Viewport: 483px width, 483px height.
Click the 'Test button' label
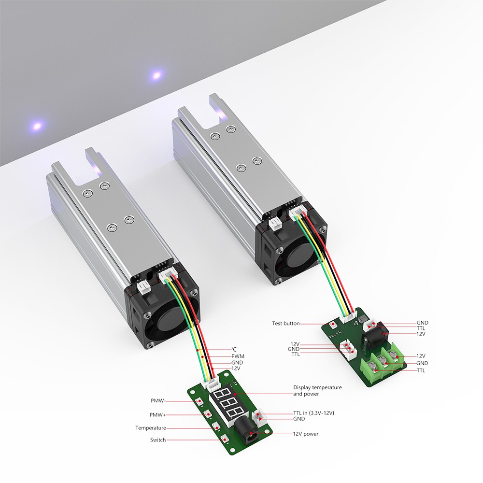point(285,324)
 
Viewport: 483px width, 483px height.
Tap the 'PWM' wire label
point(238,356)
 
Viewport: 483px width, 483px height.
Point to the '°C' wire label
point(234,349)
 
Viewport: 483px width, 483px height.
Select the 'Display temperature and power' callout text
point(317,391)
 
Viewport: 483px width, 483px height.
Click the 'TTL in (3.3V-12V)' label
point(313,413)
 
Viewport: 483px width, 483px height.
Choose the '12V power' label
point(306,434)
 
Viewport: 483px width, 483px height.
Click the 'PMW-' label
point(158,401)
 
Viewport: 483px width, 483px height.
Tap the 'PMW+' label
point(158,415)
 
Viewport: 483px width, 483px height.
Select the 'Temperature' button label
point(151,428)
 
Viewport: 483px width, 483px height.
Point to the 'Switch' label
point(158,440)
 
